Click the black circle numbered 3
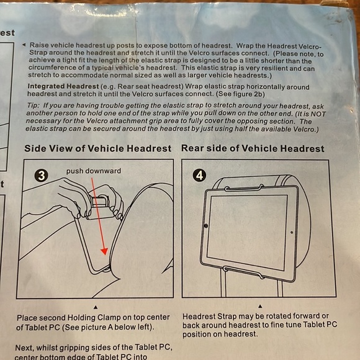tap(41, 176)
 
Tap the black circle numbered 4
tap(199, 176)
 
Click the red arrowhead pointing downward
tap(104, 251)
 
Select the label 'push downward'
tap(94, 171)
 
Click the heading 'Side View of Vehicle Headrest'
tap(98, 148)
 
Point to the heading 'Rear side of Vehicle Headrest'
tap(253, 148)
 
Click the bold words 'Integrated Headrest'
tap(63, 86)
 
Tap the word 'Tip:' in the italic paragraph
tap(34, 106)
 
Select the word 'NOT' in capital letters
tap(318, 114)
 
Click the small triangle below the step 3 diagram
tap(96, 307)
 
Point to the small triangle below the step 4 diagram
tap(260, 306)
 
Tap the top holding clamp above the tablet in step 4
tap(244, 188)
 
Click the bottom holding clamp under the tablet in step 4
tap(244, 272)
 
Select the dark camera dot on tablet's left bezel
tap(206, 226)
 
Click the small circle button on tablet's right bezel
tap(292, 232)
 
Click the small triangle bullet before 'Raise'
tap(24, 45)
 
